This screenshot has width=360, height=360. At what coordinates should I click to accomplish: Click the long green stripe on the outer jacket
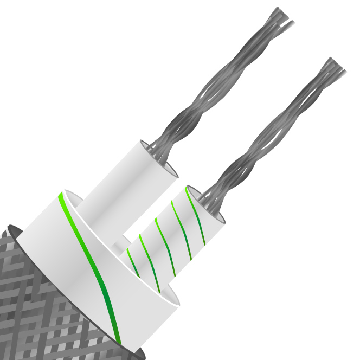click(x=93, y=266)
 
